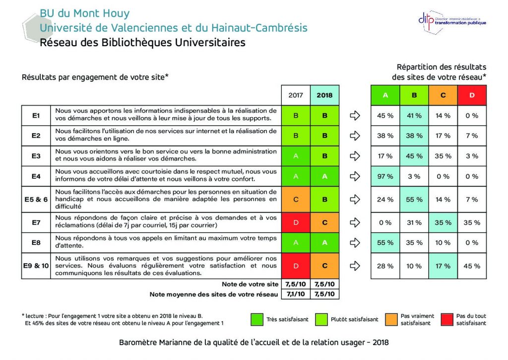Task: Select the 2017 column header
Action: (x=296, y=95)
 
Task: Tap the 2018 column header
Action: (x=324, y=95)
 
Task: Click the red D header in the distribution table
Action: (x=472, y=95)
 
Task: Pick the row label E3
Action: (x=36, y=156)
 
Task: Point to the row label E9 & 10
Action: (x=36, y=266)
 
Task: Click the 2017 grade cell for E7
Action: (x=296, y=222)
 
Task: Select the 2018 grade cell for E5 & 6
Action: (x=324, y=200)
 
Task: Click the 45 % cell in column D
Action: (x=472, y=266)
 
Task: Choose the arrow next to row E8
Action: (x=355, y=243)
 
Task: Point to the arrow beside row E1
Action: (x=355, y=116)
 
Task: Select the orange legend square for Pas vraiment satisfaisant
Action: (x=390, y=319)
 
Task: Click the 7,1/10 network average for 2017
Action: (x=296, y=294)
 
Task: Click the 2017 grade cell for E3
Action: (x=296, y=156)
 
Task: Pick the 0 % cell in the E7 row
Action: (x=385, y=222)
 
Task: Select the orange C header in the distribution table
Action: (x=443, y=95)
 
